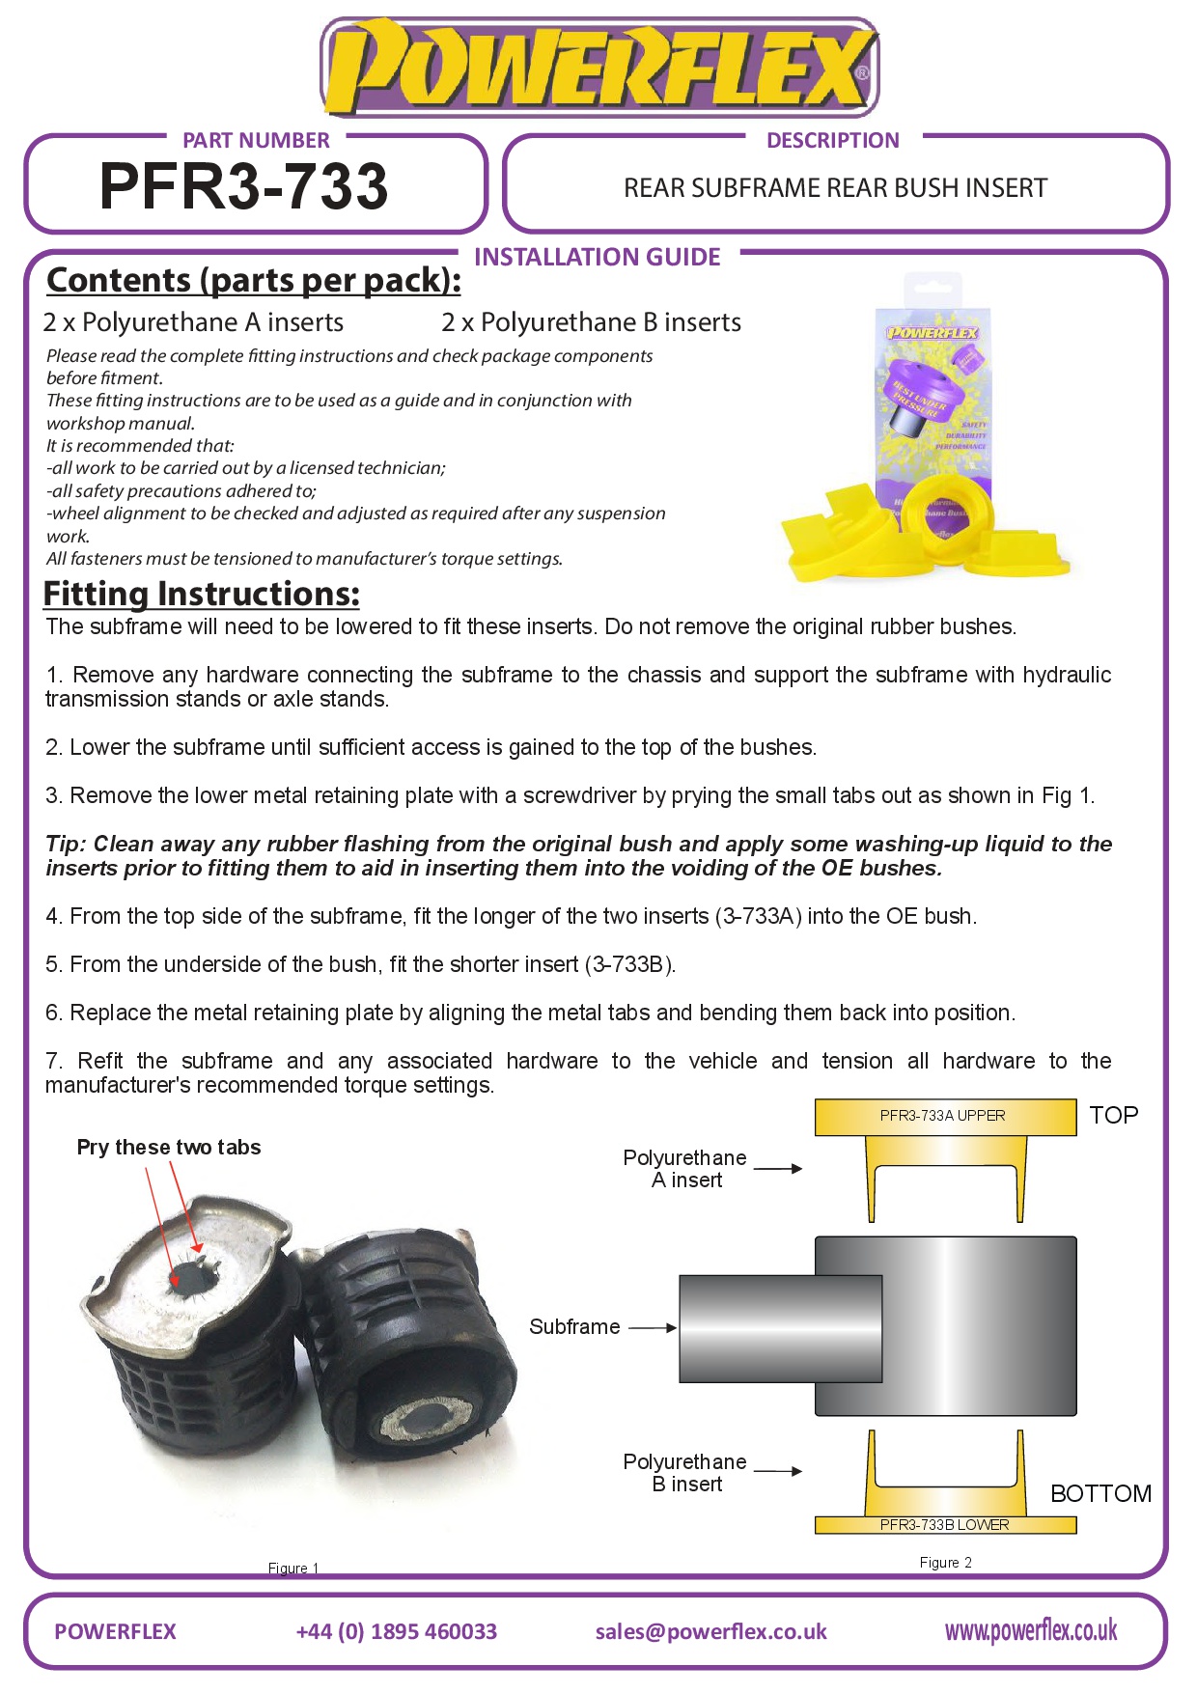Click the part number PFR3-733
click(243, 185)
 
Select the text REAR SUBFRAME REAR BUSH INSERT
click(835, 187)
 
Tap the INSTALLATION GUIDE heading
click(597, 257)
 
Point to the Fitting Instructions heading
click(201, 594)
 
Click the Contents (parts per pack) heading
click(253, 280)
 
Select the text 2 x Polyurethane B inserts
click(591, 321)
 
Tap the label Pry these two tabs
click(169, 1147)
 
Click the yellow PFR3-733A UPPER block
click(944, 1116)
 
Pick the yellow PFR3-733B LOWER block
click(944, 1524)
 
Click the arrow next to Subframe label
click(653, 1327)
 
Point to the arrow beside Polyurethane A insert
click(777, 1168)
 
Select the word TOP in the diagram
click(1113, 1115)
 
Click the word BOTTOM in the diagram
click(1100, 1493)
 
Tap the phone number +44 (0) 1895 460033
click(396, 1631)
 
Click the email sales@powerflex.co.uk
click(710, 1631)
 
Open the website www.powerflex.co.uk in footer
click(1030, 1630)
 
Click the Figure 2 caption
click(945, 1562)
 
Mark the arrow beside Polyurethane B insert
click(777, 1471)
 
